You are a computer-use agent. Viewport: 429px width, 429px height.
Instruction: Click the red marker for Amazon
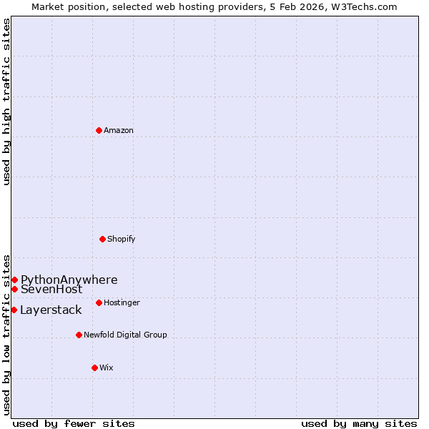coord(99,130)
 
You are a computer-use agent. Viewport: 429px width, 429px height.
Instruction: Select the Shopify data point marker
coord(102,239)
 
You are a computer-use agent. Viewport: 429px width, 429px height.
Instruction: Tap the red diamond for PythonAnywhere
coord(14,280)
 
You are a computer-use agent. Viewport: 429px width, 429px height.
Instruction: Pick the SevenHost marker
coord(14,289)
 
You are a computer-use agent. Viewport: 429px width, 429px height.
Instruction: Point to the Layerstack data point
coord(14,310)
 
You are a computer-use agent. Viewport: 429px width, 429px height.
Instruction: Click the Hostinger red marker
coord(99,302)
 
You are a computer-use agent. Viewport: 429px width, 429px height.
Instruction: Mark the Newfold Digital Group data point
coord(79,335)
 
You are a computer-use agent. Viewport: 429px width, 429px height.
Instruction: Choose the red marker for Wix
coord(94,368)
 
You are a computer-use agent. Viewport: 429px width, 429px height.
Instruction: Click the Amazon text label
coord(119,130)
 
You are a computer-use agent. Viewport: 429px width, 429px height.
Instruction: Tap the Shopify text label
coord(122,239)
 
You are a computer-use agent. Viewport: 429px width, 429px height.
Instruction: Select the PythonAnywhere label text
coord(69,280)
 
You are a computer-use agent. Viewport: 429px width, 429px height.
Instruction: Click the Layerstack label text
coord(51,310)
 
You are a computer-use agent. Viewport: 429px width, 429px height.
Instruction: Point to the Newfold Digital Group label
coord(125,335)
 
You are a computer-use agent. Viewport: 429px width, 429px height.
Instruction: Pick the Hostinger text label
coord(122,302)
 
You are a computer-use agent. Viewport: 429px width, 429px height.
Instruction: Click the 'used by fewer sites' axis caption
coord(74,423)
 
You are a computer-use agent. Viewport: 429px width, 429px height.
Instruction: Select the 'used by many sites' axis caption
coord(359,423)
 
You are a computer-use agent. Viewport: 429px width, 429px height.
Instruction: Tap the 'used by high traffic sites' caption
coord(7,102)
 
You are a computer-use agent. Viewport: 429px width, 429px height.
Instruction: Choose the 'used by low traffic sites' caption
coord(7,335)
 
